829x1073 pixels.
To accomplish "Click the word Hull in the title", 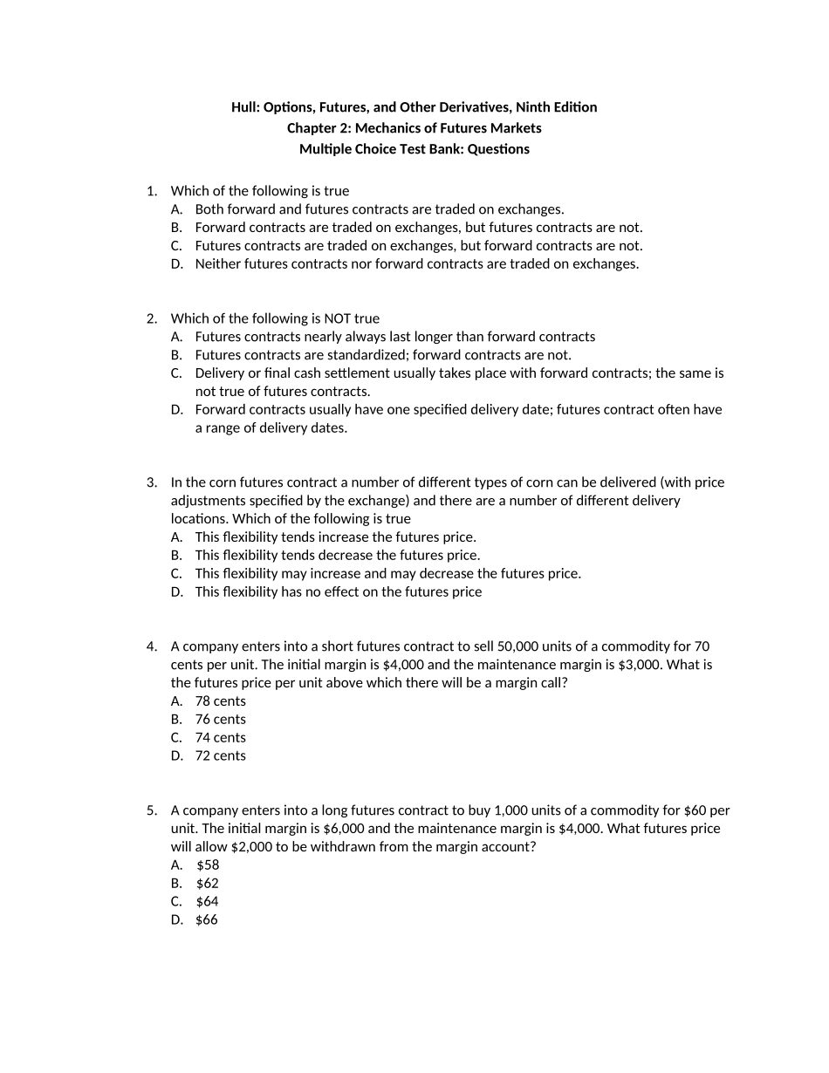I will click(x=244, y=107).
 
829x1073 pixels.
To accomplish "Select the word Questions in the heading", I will click(x=498, y=149).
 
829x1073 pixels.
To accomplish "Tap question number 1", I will click(x=151, y=191).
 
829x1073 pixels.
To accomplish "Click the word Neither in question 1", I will click(x=217, y=264).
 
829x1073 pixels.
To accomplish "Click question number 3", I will click(x=151, y=482).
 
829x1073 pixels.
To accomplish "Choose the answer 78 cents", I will click(x=220, y=701).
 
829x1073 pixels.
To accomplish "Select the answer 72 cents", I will click(x=220, y=756).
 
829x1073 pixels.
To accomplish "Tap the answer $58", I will click(x=208, y=865).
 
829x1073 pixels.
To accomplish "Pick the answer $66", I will click(x=207, y=920).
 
